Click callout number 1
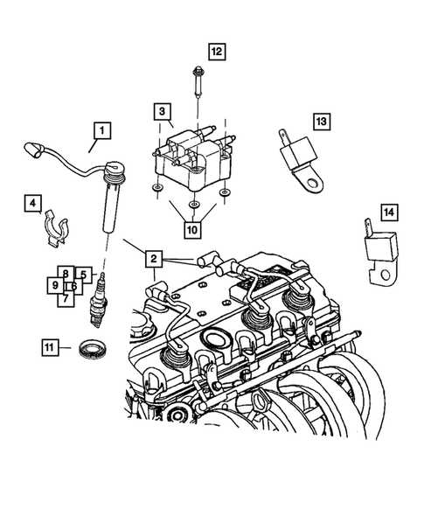pos(102,131)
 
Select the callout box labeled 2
pos(152,258)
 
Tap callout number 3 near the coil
pos(162,111)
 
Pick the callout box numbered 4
pos(31,205)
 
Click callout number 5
pos(83,274)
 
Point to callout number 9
pos(54,285)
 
